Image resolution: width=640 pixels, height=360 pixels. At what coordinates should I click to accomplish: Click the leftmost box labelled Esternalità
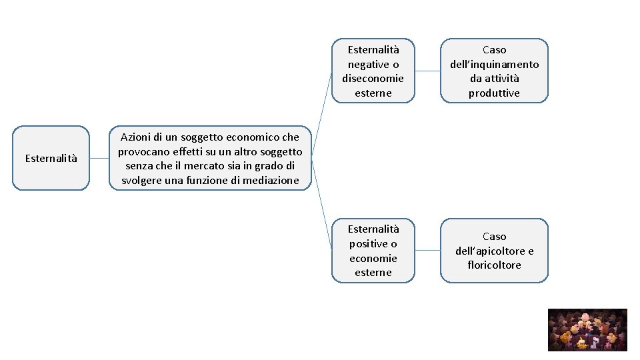pyautogui.click(x=51, y=158)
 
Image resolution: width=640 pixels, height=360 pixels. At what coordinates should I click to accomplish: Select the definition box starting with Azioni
pyautogui.click(x=210, y=159)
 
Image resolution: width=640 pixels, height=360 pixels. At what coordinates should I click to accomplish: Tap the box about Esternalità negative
pyautogui.click(x=373, y=71)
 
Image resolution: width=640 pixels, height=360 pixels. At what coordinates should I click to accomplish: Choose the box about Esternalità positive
pyautogui.click(x=373, y=251)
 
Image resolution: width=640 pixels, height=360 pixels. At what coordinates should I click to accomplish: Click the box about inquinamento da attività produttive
pyautogui.click(x=494, y=71)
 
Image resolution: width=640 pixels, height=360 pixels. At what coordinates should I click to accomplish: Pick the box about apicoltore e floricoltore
pyautogui.click(x=494, y=251)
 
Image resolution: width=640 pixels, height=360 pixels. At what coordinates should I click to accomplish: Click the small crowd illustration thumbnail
pyautogui.click(x=587, y=329)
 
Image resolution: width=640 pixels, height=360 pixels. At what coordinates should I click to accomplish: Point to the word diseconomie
pyautogui.click(x=373, y=79)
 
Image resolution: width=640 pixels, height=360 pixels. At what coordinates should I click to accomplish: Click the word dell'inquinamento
pyautogui.click(x=494, y=64)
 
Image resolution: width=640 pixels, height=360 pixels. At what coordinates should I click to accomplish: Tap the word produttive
pyautogui.click(x=494, y=93)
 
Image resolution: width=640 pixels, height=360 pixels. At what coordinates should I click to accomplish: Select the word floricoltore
pyautogui.click(x=494, y=265)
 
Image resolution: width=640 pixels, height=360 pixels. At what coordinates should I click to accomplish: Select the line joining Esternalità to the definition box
pyautogui.click(x=99, y=159)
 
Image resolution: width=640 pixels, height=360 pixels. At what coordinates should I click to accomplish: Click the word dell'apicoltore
pyautogui.click(x=494, y=251)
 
